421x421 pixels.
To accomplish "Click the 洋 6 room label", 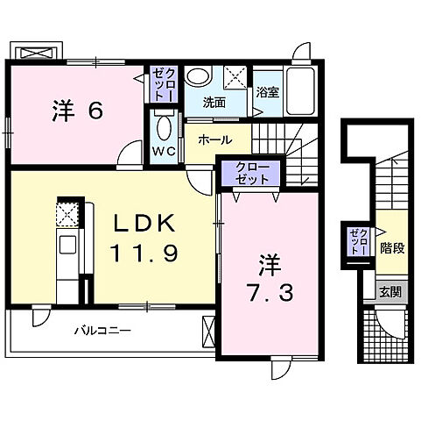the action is (x=78, y=111).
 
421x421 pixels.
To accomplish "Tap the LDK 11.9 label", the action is (x=144, y=238).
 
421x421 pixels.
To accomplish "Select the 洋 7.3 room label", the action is (x=270, y=278).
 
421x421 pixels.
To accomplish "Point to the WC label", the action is (x=164, y=151).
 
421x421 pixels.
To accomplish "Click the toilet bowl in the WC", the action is (x=165, y=128).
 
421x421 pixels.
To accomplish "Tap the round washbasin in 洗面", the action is (x=199, y=76).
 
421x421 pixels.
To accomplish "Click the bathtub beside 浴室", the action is (x=299, y=91).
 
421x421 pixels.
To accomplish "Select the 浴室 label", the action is (x=268, y=93).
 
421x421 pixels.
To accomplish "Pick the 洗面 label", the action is (x=214, y=103).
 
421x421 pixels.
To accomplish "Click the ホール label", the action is (x=215, y=140).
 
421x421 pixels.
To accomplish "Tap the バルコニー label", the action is (x=102, y=331).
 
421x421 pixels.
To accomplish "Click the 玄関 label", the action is (x=390, y=292).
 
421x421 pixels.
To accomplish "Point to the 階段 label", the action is (x=392, y=248).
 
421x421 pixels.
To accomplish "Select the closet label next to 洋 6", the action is (x=164, y=85).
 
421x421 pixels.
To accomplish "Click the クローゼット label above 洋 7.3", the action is (x=251, y=173).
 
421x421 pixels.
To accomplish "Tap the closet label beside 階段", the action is (x=360, y=241).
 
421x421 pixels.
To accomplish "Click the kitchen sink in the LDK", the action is (x=67, y=245).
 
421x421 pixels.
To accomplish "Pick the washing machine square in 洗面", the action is (x=235, y=77).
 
